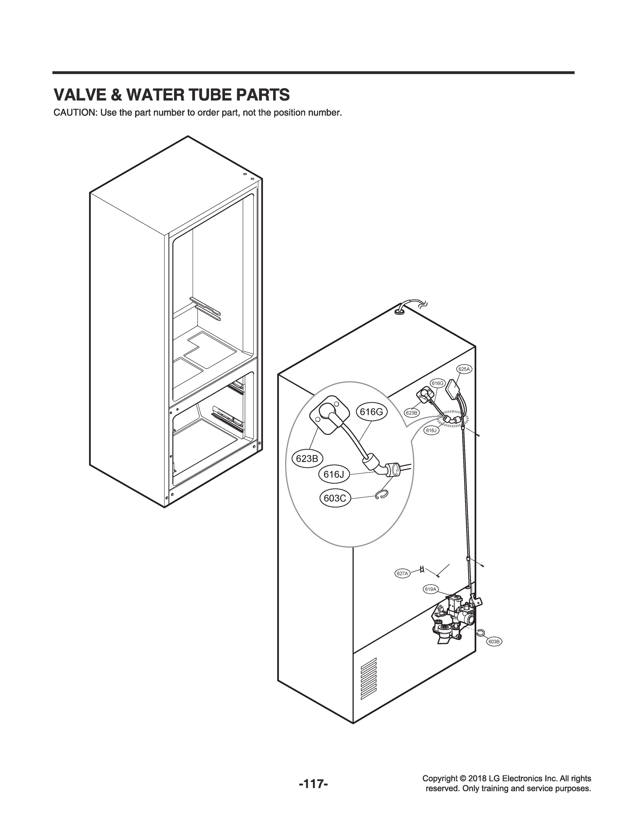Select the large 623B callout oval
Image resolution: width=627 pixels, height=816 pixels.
(307, 459)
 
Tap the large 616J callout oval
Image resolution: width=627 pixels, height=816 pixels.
(334, 474)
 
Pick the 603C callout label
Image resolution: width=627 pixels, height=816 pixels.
(335, 498)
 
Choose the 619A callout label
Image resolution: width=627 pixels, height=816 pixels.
(430, 600)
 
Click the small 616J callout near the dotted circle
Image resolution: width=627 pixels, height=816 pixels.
(431, 430)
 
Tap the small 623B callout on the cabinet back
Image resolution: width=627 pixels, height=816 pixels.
(411, 413)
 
